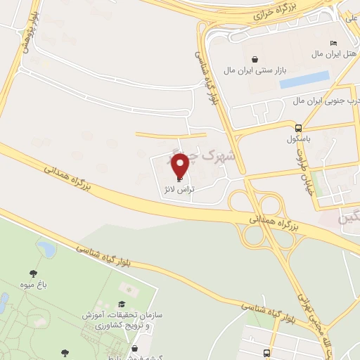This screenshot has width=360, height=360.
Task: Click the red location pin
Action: click(181, 165)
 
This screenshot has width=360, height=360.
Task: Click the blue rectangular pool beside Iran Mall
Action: click(304, 80)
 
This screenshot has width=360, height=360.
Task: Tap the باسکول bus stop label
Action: click(299, 138)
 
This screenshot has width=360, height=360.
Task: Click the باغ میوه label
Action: click(32, 286)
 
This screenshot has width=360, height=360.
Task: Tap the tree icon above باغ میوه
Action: click(32, 274)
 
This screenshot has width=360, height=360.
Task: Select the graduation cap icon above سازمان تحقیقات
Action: click(121, 304)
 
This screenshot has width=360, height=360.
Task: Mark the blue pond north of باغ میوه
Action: click(46, 247)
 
